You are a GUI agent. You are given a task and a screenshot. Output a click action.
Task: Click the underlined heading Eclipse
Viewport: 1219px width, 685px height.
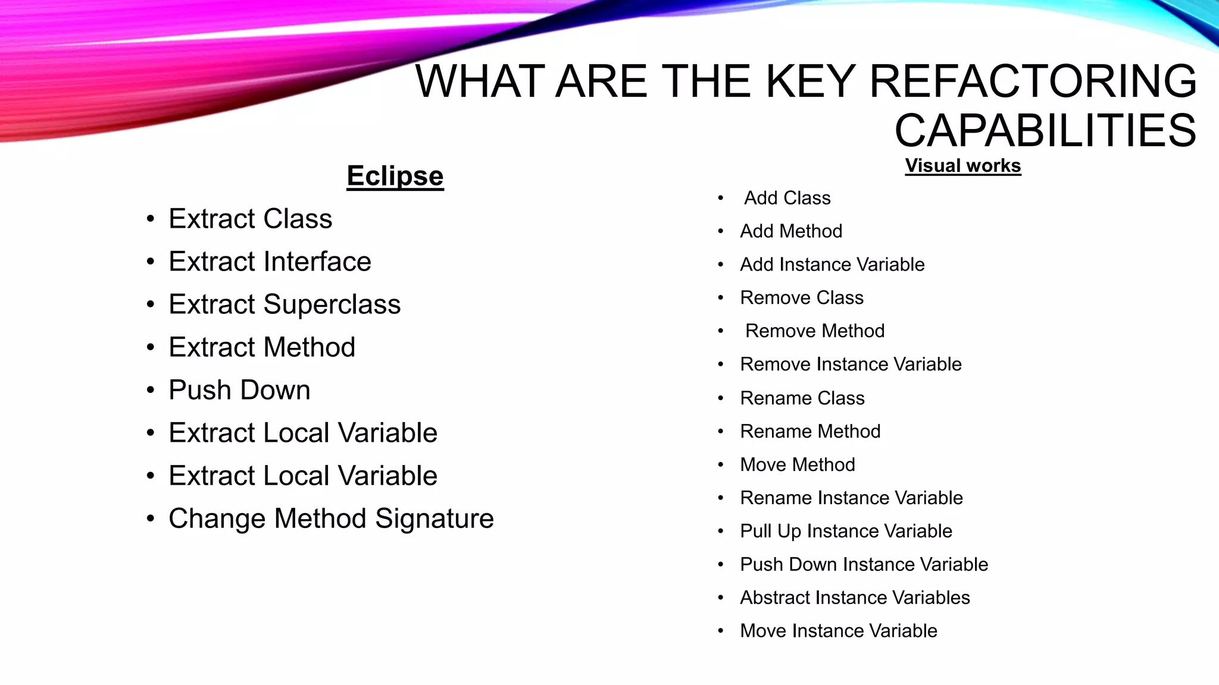[x=395, y=176]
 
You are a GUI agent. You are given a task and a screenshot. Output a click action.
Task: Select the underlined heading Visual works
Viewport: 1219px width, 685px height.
[x=962, y=165]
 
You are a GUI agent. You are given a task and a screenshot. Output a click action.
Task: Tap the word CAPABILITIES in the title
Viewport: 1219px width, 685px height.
[x=1045, y=131]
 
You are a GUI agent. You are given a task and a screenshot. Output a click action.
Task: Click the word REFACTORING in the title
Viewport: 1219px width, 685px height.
[x=1033, y=81]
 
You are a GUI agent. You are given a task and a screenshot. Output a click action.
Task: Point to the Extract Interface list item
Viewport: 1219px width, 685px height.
[x=270, y=262]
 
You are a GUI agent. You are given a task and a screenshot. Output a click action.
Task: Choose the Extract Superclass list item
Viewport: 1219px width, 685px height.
[x=285, y=304]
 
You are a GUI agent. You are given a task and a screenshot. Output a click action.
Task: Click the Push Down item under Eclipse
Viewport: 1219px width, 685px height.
[x=239, y=390]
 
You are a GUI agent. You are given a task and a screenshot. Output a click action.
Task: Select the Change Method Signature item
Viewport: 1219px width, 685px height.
[x=331, y=519]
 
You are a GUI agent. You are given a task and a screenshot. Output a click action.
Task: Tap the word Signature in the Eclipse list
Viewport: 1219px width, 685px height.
[x=435, y=519]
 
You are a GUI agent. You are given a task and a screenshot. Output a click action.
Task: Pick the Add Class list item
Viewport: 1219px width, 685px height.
[x=787, y=198]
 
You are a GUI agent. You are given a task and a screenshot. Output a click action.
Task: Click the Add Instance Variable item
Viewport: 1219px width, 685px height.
[x=832, y=265]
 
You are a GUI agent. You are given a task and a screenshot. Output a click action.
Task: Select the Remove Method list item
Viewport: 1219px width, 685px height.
[x=815, y=331]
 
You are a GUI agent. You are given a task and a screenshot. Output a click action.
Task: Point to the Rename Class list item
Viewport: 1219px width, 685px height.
[x=802, y=398]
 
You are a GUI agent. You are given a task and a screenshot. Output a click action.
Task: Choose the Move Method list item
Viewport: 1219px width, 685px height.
[x=798, y=465]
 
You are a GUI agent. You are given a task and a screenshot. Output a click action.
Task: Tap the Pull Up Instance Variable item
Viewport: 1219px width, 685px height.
[x=846, y=532]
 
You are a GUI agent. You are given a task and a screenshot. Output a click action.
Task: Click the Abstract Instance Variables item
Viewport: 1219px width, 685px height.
[x=855, y=598]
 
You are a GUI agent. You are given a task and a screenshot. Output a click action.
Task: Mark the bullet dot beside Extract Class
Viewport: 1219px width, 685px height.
[x=151, y=219]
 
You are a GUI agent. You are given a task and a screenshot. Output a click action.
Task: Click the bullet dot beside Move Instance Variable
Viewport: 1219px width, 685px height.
[x=721, y=631]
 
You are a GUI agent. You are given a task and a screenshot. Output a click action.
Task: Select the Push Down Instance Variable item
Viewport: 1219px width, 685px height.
[x=864, y=565]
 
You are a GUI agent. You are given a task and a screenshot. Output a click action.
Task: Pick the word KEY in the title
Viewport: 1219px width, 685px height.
[x=810, y=81]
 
